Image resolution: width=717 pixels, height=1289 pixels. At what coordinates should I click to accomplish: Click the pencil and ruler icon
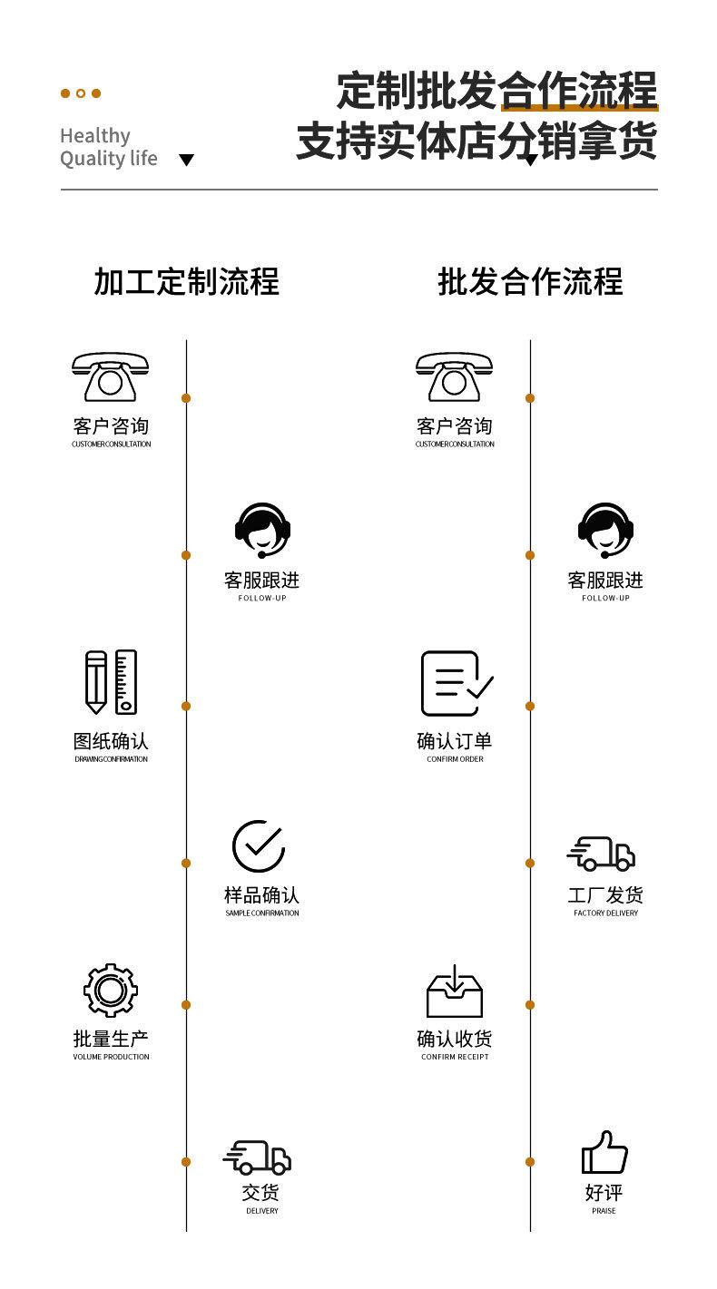pyautogui.click(x=111, y=681)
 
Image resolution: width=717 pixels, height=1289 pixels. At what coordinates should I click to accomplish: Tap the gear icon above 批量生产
pyautogui.click(x=111, y=990)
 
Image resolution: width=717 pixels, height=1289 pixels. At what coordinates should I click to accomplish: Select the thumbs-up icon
pyautogui.click(x=604, y=1152)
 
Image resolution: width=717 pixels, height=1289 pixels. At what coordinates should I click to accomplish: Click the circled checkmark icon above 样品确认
pyautogui.click(x=259, y=846)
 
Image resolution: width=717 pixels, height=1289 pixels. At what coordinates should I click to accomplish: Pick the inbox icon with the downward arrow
pyautogui.click(x=455, y=991)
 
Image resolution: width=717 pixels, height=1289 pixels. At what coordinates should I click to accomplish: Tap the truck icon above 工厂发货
pyautogui.click(x=601, y=854)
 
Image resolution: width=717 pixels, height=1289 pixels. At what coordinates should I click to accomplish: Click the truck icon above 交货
pyautogui.click(x=258, y=1157)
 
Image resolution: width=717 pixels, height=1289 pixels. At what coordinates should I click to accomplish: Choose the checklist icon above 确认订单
pyautogui.click(x=456, y=683)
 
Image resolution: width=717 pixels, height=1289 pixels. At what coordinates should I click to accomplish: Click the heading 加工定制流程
pyautogui.click(x=186, y=281)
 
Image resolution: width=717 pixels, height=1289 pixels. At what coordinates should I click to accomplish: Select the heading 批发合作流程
pyautogui.click(x=530, y=281)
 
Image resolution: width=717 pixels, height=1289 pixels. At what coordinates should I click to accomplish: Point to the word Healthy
pyautogui.click(x=95, y=135)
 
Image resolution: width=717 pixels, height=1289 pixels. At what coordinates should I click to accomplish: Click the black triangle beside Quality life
pyautogui.click(x=186, y=161)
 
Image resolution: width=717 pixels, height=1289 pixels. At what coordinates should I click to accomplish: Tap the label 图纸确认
pyautogui.click(x=111, y=741)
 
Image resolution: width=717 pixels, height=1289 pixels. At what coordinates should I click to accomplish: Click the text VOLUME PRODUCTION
pyautogui.click(x=111, y=1057)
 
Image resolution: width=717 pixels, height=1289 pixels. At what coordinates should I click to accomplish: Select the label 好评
pyautogui.click(x=604, y=1192)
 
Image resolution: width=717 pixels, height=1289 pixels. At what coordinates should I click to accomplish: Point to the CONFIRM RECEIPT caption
pyautogui.click(x=455, y=1057)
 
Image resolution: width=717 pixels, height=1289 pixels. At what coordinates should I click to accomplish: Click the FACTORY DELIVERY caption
pyautogui.click(x=605, y=913)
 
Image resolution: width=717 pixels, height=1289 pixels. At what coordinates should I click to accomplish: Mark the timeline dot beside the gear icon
pyautogui.click(x=186, y=1005)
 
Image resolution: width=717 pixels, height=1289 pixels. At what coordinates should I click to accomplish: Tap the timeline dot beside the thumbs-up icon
pyautogui.click(x=530, y=1162)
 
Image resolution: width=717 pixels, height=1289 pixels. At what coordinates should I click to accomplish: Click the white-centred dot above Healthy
pyautogui.click(x=81, y=93)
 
